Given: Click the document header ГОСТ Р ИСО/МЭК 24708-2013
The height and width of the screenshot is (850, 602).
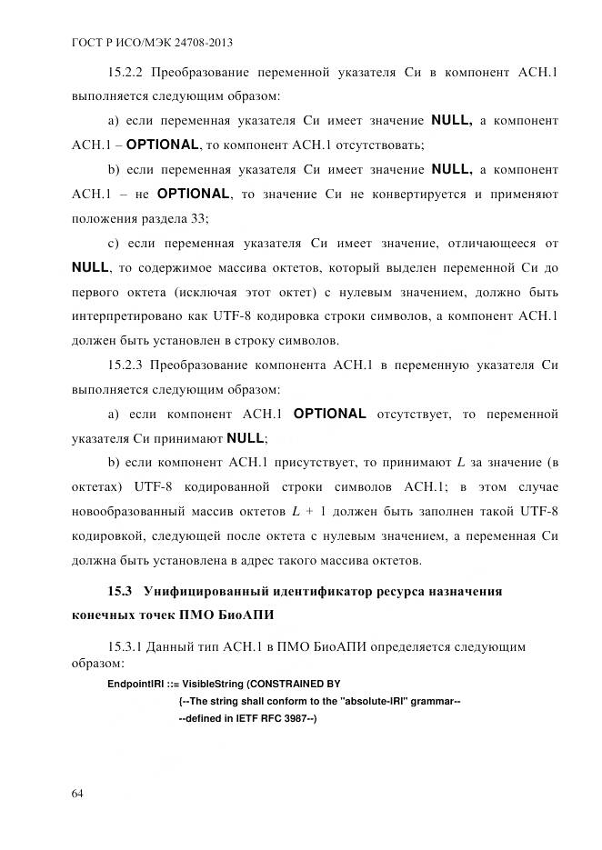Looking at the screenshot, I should (145, 44).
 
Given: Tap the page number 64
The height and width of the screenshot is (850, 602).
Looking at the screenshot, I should (77, 794).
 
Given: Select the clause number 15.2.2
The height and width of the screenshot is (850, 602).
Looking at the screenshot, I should (125, 71).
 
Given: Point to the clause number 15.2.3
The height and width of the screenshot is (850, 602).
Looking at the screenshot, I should (125, 365).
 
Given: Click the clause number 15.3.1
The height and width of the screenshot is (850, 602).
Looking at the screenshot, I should (125, 647).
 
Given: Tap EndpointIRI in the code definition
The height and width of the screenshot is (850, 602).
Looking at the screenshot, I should (133, 684).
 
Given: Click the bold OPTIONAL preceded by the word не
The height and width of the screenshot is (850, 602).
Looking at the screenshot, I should (194, 194).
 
